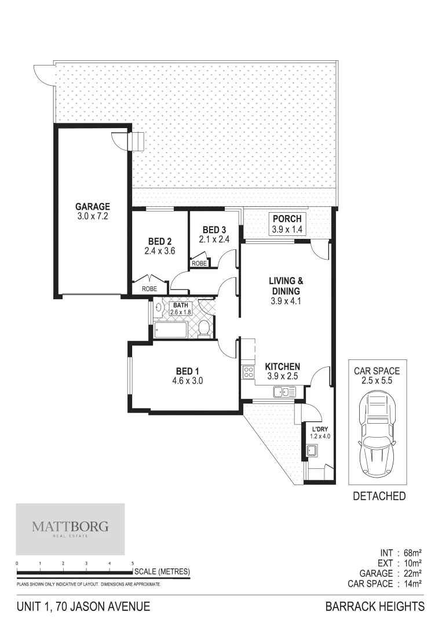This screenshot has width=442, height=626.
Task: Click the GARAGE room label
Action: coord(92,207)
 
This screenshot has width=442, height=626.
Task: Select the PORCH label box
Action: coord(287,224)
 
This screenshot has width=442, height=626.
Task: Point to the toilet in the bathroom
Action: coord(203,329)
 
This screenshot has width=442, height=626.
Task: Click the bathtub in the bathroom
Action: coord(171,331)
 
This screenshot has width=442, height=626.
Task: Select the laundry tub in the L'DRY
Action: coord(312,450)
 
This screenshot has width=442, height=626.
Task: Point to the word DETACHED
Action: coord(379,496)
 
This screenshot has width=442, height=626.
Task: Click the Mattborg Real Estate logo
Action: coord(70,529)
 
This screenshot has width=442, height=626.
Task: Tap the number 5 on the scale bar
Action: coord(133,563)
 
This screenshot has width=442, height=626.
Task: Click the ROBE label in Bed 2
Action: coord(149,288)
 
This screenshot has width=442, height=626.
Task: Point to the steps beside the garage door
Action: coord(138,141)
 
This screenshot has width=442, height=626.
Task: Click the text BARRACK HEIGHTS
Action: coord(375,607)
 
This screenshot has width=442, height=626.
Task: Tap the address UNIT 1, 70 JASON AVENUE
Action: coord(84,607)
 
